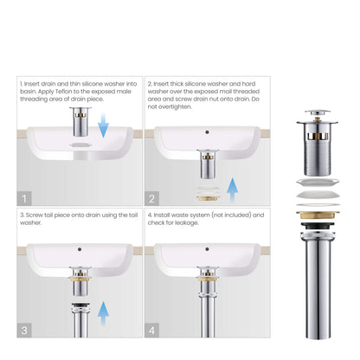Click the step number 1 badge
pyautogui.click(x=23, y=197)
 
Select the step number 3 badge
pyautogui.click(x=23, y=331)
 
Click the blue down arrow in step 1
pyautogui.click(x=102, y=128)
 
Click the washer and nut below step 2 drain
pyautogui.click(x=206, y=185)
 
